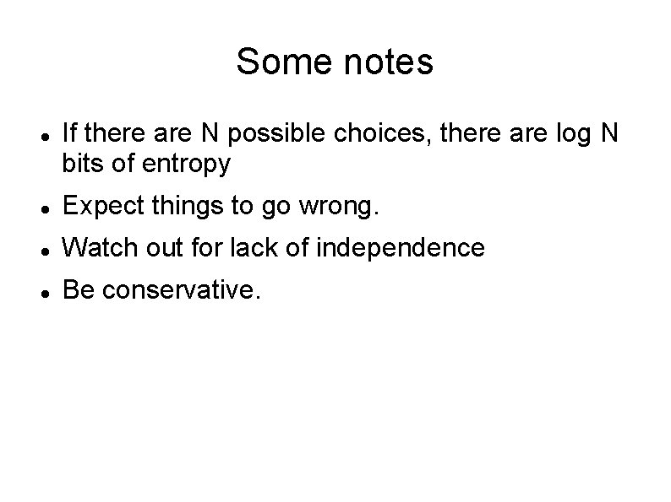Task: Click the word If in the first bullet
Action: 69,133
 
